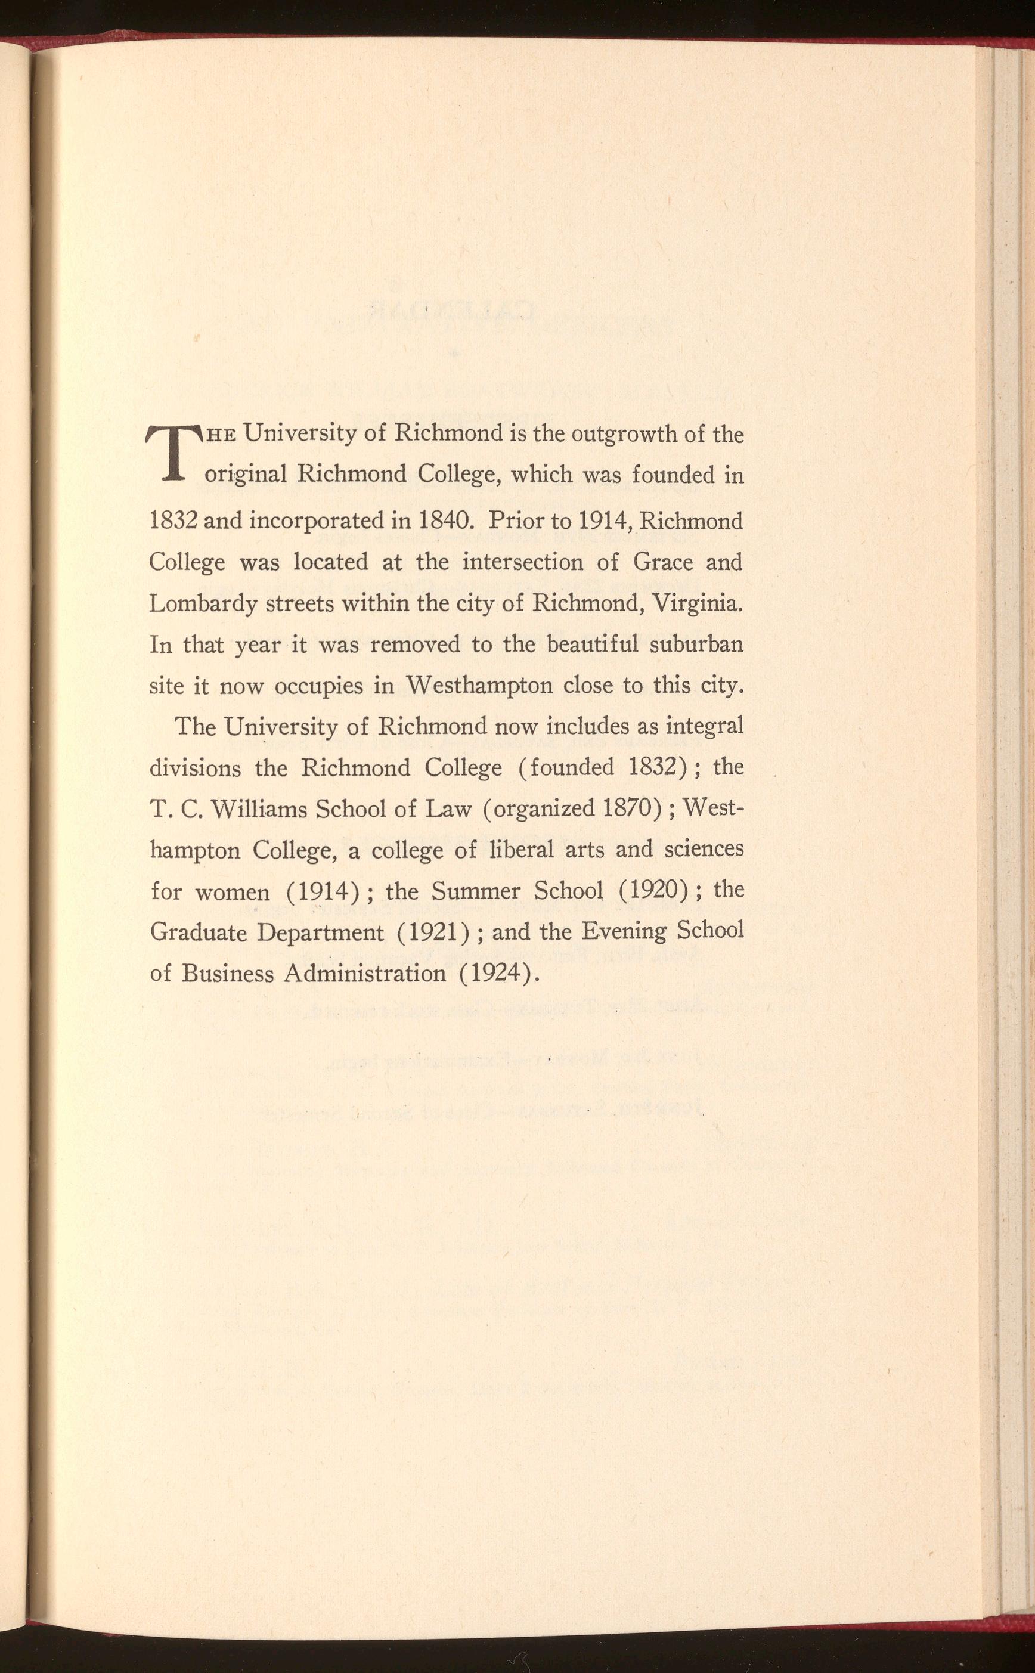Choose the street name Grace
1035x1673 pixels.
click(664, 563)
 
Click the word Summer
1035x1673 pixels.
click(470, 891)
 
